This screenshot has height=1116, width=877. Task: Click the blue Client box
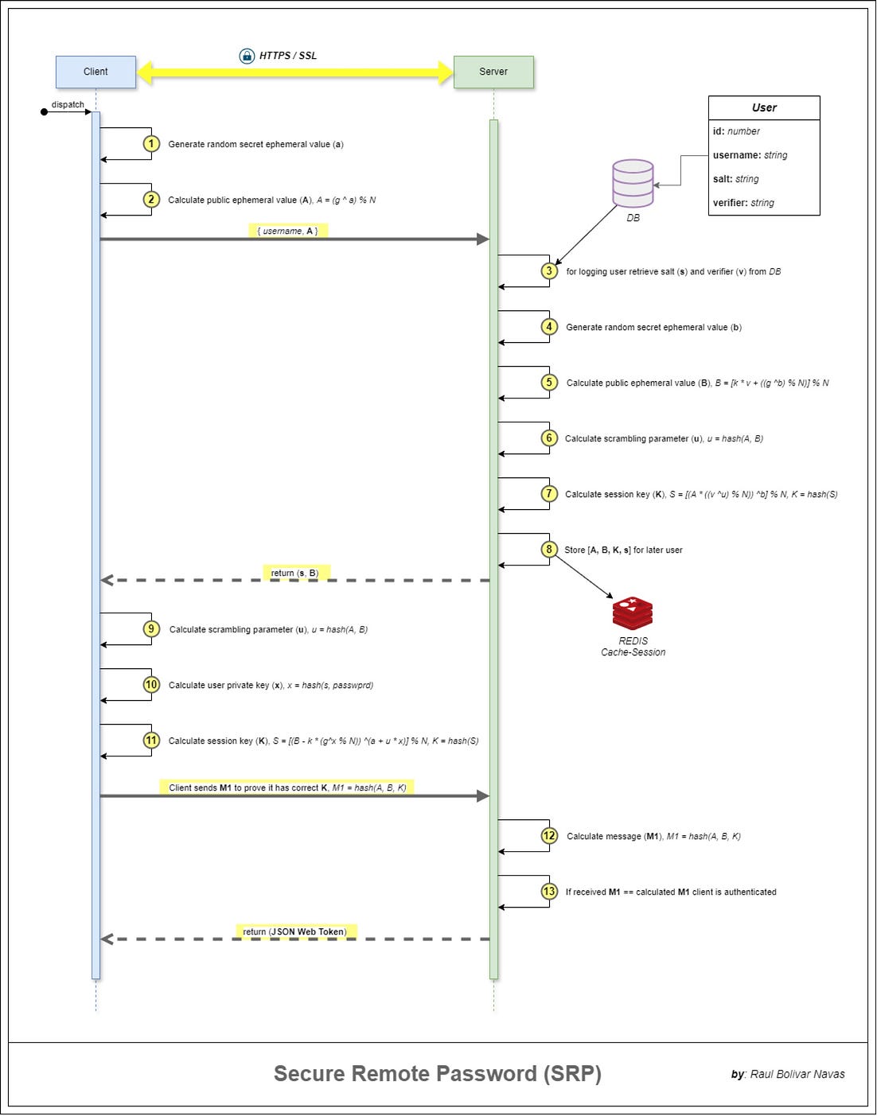[x=95, y=72]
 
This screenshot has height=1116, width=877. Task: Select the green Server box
[x=493, y=72]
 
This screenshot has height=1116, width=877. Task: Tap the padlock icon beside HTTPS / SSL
[x=247, y=56]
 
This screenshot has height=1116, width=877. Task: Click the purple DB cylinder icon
[x=633, y=183]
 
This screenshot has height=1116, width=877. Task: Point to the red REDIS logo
[x=633, y=613]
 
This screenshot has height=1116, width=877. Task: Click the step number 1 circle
[x=151, y=144]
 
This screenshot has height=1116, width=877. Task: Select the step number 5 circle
[x=549, y=383]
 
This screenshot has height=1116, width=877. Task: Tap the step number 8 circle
[x=549, y=550]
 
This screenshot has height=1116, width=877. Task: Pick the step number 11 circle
[x=151, y=741]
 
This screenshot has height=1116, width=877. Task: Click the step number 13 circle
[x=549, y=892]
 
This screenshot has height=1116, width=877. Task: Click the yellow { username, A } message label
[x=287, y=231]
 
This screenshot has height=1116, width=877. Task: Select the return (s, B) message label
[x=294, y=573]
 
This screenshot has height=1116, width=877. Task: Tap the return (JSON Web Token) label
[x=295, y=931]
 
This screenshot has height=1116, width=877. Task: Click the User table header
[x=764, y=108]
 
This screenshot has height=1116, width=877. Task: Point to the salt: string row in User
[x=736, y=179]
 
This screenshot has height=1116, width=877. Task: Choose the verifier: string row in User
[x=743, y=203]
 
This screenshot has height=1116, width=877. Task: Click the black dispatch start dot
[x=45, y=112]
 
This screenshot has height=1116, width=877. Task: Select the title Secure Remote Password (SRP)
[x=437, y=1074]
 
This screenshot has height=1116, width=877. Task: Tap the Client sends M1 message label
[x=287, y=787]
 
